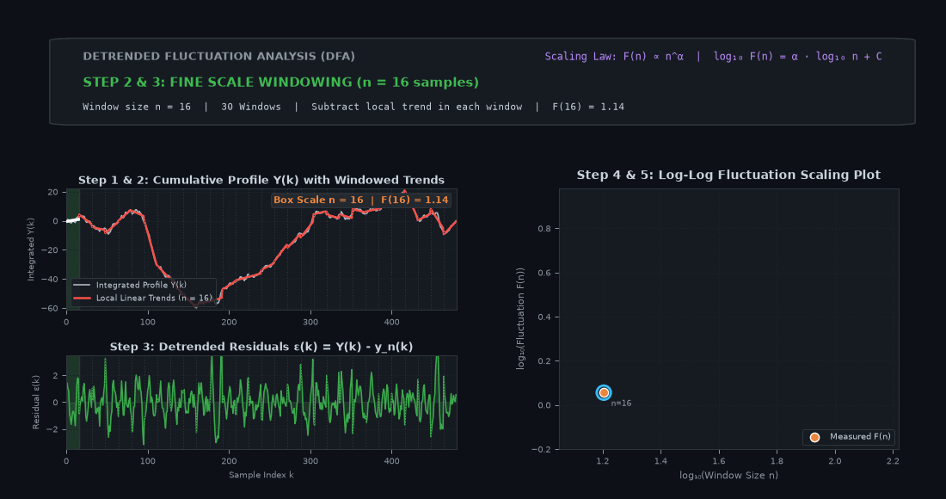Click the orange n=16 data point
[x=604, y=393]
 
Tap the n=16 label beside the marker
[x=621, y=403]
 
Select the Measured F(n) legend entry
[x=849, y=437]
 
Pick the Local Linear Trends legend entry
[x=143, y=298]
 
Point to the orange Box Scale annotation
[x=361, y=200]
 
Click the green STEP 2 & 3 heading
[x=280, y=82]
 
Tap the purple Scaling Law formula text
[x=713, y=56]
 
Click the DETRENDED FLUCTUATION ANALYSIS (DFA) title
[x=219, y=56]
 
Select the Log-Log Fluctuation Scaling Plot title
[x=728, y=175]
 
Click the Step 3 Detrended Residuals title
[x=261, y=347]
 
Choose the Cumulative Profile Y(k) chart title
[x=261, y=180]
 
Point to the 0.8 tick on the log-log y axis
[x=544, y=229]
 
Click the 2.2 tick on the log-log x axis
[x=893, y=461]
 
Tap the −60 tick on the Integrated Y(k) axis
[x=50, y=308]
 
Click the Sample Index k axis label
[x=261, y=475]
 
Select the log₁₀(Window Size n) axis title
[x=728, y=476]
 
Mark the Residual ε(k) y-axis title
[x=36, y=403]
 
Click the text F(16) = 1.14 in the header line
[x=588, y=107]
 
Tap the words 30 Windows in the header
[x=251, y=107]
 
